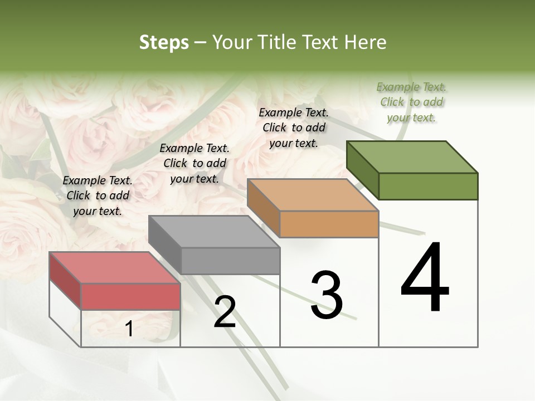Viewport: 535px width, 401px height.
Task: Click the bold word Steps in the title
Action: tap(164, 42)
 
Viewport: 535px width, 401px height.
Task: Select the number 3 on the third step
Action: tap(327, 295)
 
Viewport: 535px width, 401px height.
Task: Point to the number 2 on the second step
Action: tap(225, 312)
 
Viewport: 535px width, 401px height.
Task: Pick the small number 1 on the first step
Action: tap(129, 329)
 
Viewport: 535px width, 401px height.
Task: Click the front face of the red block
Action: tap(130, 296)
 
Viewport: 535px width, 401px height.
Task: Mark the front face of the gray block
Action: tap(230, 261)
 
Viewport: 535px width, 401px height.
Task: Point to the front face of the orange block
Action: tap(329, 224)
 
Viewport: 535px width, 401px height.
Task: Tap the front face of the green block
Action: tap(428, 186)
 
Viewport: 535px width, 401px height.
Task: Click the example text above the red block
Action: tap(98, 195)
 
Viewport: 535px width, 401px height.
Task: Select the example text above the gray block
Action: tap(194, 163)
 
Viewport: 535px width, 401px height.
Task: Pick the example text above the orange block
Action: tap(294, 128)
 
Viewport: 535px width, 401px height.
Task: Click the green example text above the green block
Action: tap(411, 102)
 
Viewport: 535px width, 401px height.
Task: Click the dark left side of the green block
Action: tap(362, 170)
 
